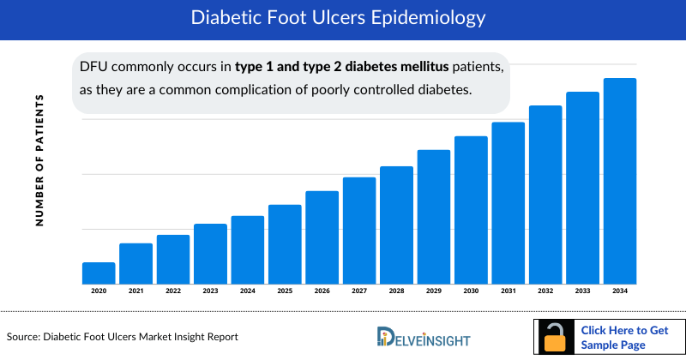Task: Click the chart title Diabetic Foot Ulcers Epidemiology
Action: tap(343, 18)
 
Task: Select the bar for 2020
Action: tap(99, 273)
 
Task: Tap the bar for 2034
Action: tap(620, 181)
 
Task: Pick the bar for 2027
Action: tap(359, 230)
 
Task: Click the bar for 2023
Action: tap(210, 253)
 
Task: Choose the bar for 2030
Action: tap(471, 209)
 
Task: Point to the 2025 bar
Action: tap(285, 243)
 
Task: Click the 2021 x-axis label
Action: tap(135, 292)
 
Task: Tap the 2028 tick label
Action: tap(396, 292)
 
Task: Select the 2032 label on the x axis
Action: tap(545, 292)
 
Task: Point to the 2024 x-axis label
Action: tap(247, 292)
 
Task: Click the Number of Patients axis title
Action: tap(39, 160)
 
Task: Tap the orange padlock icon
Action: tap(555, 339)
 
